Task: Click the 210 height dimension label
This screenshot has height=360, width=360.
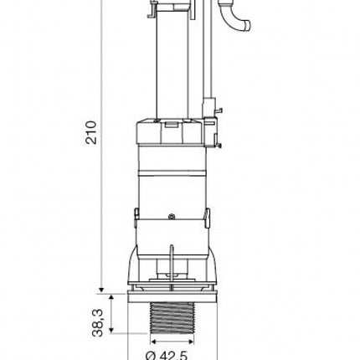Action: pos(91,132)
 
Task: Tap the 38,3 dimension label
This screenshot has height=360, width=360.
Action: pos(97,322)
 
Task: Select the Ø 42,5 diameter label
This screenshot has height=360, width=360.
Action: pos(167,355)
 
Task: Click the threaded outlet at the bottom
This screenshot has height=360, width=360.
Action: pos(172,318)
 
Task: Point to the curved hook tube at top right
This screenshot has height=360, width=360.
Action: pos(237,20)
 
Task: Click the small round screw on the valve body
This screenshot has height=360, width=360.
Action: pos(172,216)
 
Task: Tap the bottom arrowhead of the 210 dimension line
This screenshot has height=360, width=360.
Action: pos(101,291)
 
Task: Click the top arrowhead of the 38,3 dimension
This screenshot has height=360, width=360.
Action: pos(111,296)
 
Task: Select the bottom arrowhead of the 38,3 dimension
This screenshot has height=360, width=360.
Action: pos(111,330)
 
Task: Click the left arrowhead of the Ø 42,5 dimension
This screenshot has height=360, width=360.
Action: pos(153,342)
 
